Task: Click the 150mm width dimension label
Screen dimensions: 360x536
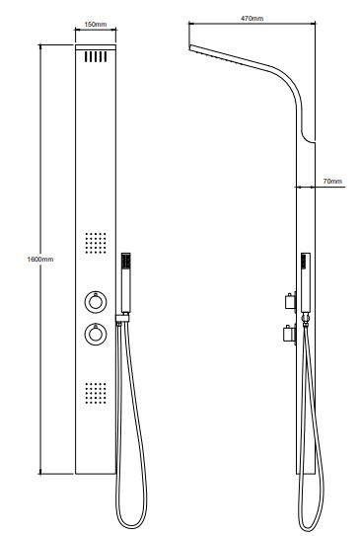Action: coord(96,25)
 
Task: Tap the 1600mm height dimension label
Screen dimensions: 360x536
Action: coord(40,259)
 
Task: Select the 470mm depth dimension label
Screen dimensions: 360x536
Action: coord(252,18)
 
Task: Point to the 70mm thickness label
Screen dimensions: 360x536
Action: coord(332,182)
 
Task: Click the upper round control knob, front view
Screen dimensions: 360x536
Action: coord(96,302)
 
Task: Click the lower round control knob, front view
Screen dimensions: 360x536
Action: coord(96,334)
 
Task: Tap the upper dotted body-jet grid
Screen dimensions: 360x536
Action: coord(96,243)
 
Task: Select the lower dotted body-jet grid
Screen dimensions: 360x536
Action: coord(96,393)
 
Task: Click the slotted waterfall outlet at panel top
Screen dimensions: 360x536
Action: coord(96,56)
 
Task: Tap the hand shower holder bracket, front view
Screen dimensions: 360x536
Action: coord(122,318)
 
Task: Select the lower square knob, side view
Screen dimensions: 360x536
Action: coord(289,334)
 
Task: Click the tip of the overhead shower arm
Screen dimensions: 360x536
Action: coord(189,47)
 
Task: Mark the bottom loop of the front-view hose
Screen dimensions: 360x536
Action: coord(131,527)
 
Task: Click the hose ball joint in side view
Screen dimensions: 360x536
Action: coord(306,318)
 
